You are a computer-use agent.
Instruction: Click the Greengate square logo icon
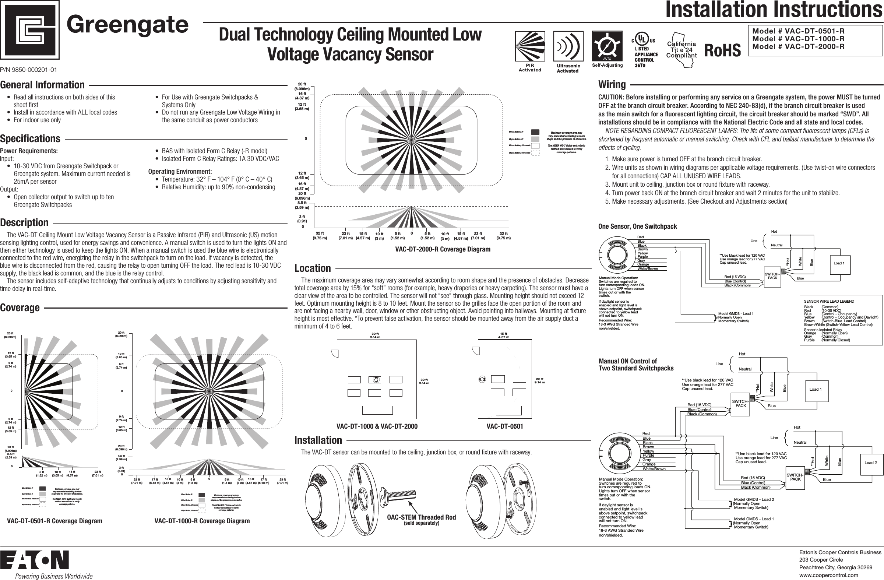(30, 30)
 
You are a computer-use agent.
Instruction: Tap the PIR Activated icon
(530, 46)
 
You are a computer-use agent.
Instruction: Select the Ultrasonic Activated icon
(568, 46)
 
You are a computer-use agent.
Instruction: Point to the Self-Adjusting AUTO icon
(607, 46)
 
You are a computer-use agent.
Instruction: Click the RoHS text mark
(722, 50)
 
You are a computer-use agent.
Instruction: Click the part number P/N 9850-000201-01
(29, 70)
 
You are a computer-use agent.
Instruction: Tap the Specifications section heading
(30, 138)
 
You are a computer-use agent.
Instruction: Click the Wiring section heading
(612, 85)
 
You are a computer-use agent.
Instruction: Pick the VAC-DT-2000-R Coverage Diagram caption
(443, 249)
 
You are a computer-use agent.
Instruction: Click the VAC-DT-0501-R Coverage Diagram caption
(54, 521)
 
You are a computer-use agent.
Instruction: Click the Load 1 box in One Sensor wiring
(839, 263)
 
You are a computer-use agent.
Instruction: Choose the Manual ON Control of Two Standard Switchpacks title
(636, 365)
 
